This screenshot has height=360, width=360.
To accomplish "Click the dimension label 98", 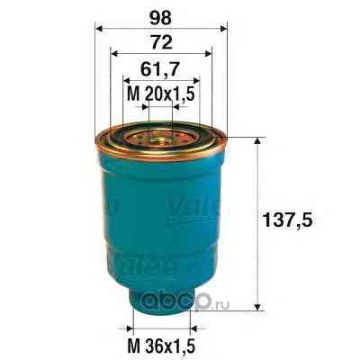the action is [161, 18].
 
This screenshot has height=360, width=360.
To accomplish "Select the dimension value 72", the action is [162, 43].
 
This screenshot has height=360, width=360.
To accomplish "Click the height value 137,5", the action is [287, 220].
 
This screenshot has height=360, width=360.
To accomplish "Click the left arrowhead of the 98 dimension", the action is [99, 29].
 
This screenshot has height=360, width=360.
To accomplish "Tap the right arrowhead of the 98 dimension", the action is [223, 29].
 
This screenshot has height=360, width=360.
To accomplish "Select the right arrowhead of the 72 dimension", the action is [208, 53].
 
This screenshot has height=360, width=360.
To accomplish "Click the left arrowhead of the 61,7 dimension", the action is [127, 80].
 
